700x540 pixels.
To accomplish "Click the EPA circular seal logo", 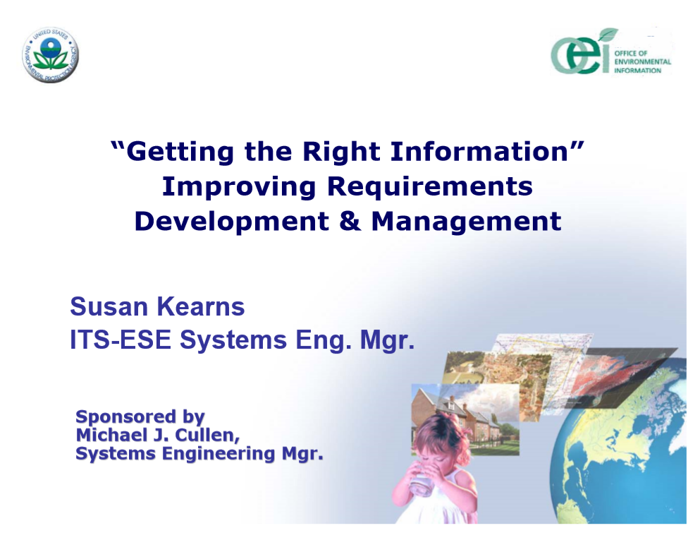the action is [x=51, y=55].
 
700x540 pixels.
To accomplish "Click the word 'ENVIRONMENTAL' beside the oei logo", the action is [x=642, y=61].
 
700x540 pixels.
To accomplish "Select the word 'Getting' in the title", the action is [x=180, y=152].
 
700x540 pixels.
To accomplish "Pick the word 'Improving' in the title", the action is [x=239, y=187].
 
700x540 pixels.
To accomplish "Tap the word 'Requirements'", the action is [x=430, y=186].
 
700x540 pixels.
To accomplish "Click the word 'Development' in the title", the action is [x=232, y=222].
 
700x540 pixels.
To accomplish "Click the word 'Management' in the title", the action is [x=466, y=222].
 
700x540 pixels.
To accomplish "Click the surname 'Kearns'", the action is [x=201, y=306].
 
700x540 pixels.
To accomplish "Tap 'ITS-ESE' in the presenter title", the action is [x=121, y=340].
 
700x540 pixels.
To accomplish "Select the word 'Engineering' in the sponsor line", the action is [x=219, y=454].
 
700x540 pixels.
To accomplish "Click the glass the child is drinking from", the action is [x=422, y=480].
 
